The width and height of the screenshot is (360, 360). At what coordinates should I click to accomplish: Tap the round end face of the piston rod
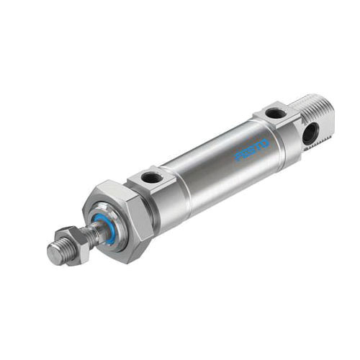54,253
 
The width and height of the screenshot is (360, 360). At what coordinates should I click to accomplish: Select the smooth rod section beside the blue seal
94,234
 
